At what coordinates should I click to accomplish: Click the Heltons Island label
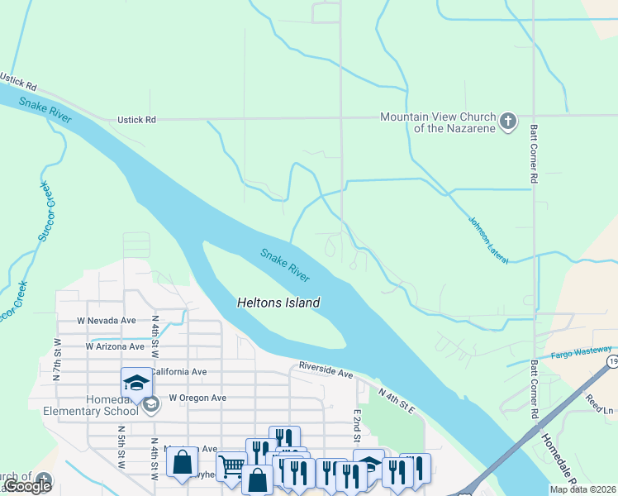click(278, 303)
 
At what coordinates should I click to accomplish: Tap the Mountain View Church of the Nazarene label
click(437, 122)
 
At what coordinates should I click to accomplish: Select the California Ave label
click(178, 372)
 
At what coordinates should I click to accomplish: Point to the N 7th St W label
click(57, 359)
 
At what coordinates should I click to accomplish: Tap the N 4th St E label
click(397, 402)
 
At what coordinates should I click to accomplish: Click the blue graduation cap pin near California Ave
click(136, 383)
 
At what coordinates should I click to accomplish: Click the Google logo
click(26, 486)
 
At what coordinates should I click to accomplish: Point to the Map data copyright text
click(582, 489)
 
